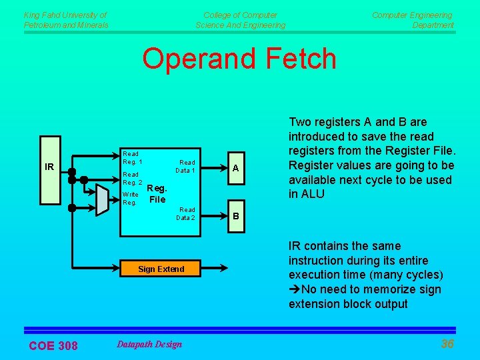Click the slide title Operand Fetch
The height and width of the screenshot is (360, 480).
(x=239, y=59)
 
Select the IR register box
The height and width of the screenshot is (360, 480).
(x=49, y=169)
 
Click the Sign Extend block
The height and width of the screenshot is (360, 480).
(x=161, y=269)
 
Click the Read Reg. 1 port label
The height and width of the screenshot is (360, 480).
(x=132, y=158)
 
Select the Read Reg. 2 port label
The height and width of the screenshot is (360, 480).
(x=132, y=178)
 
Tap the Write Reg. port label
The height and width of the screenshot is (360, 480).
(x=130, y=198)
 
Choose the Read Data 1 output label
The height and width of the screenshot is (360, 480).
(x=185, y=167)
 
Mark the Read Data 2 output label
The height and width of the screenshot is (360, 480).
(x=185, y=214)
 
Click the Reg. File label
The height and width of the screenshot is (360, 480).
(x=157, y=194)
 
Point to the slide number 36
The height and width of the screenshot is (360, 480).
(x=447, y=344)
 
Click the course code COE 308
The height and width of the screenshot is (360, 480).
(x=53, y=345)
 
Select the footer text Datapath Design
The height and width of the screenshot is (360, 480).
(x=149, y=344)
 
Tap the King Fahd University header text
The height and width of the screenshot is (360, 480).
(x=65, y=20)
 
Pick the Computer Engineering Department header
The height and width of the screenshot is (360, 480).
(x=413, y=20)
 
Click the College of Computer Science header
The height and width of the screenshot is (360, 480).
(x=240, y=20)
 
